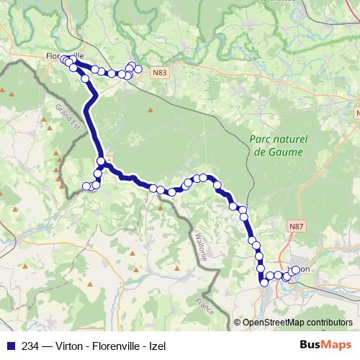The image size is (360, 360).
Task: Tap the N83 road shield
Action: pyautogui.click(x=159, y=71)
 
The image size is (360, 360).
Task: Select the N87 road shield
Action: pyautogui.click(x=294, y=226)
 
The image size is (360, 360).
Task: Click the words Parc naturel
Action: pyautogui.click(x=279, y=140)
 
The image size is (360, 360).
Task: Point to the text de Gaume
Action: pyautogui.click(x=279, y=153)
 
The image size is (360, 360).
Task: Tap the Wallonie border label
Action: pyautogui.click(x=202, y=246)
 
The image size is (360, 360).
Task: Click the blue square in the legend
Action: pyautogui.click(x=12, y=345)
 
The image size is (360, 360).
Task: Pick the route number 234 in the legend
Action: pyautogui.click(x=31, y=345)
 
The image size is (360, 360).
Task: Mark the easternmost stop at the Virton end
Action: pyautogui.click(x=295, y=270)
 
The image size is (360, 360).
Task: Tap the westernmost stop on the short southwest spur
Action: pyautogui.click(x=86, y=187)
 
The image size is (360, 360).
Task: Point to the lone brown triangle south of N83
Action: pyautogui.click(x=150, y=109)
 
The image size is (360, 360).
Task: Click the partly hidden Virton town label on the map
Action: pyautogui.click(x=305, y=269)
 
